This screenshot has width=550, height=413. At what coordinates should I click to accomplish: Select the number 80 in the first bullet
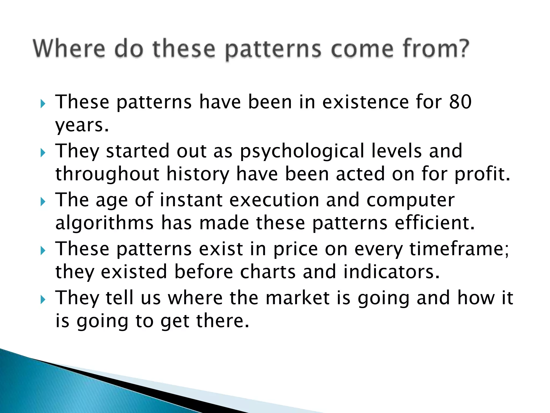click(460, 102)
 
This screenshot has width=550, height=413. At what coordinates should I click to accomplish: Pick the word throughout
click(107, 174)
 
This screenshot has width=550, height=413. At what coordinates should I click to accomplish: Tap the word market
click(298, 298)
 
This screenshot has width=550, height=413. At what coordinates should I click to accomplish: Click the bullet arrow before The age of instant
click(43, 202)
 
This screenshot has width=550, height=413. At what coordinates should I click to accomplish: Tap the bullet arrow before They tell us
click(43, 299)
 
